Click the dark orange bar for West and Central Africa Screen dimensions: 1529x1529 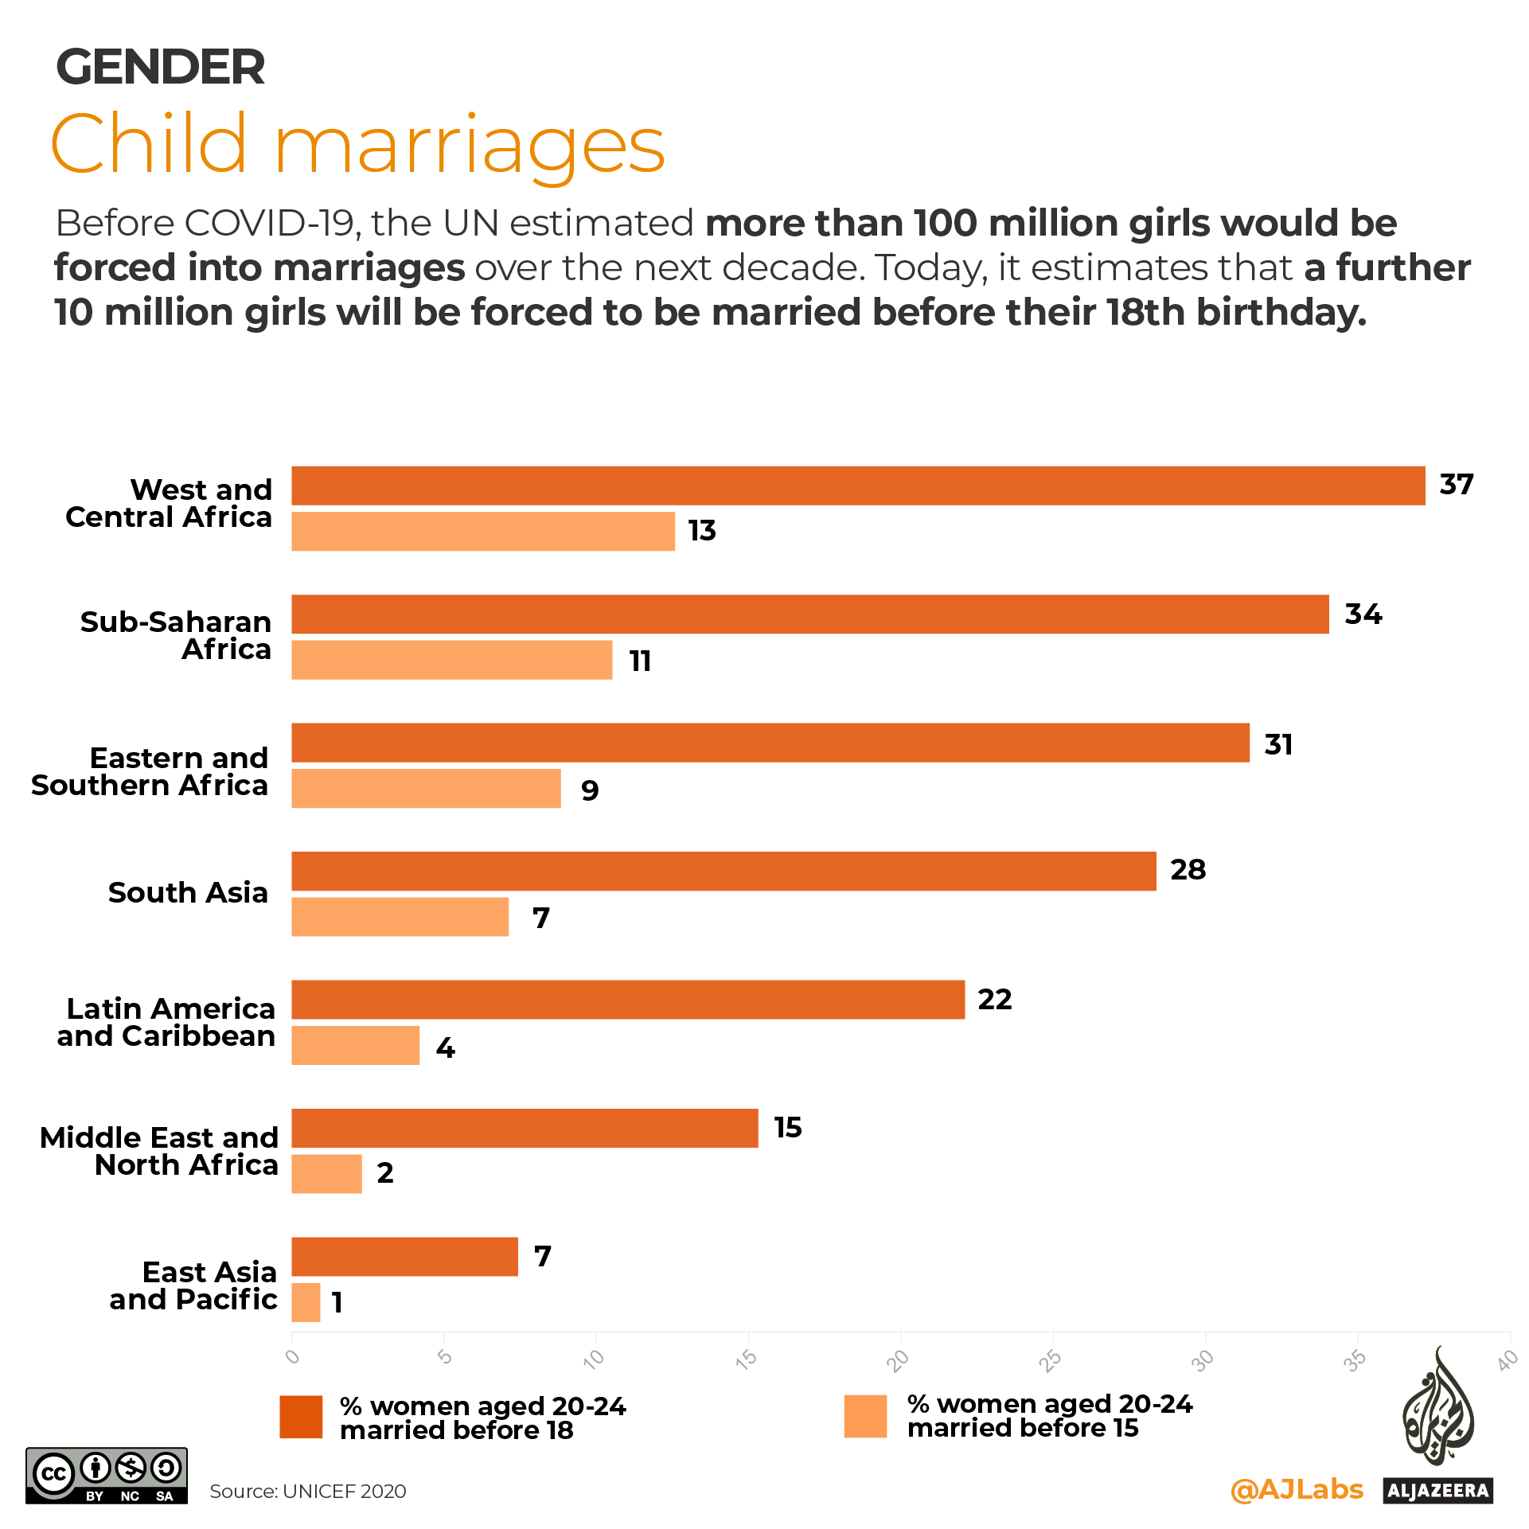point(858,486)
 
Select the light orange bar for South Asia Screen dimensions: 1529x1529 point(400,917)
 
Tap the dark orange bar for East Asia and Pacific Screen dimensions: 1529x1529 point(404,1257)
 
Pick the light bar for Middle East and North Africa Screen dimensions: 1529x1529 point(326,1174)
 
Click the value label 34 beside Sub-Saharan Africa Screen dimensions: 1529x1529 point(1363,614)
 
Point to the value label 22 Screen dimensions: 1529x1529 point(995,1000)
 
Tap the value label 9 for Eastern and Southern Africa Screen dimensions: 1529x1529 point(590,790)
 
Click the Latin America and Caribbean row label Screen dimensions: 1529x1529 point(166,1023)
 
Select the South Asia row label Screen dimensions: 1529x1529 point(188,893)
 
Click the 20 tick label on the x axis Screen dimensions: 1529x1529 point(899,1360)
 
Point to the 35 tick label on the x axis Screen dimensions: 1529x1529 point(1355,1360)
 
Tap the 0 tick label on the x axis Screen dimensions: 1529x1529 point(293,1357)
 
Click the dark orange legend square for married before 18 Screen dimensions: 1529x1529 point(301,1417)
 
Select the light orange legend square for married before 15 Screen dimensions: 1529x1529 point(865,1417)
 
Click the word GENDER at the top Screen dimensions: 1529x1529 point(160,67)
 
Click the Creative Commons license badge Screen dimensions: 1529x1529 point(107,1476)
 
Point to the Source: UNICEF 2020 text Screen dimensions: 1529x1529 point(307,1492)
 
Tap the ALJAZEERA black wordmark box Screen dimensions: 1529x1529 point(1437,1491)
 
